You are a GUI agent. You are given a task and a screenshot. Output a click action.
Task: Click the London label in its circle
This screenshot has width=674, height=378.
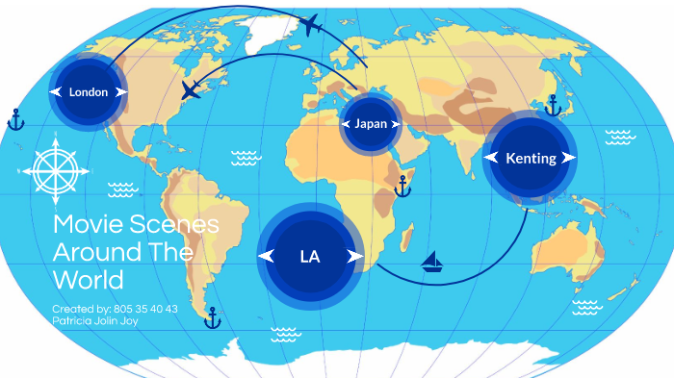(x=89, y=92)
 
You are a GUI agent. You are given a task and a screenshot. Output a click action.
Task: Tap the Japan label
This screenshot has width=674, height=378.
(x=371, y=124)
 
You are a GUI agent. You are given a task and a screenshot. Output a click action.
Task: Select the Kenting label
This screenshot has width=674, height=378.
(x=531, y=158)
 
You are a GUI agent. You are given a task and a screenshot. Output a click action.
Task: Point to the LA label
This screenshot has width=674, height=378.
(x=310, y=257)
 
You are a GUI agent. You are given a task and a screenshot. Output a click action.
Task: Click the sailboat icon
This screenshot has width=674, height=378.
(x=432, y=262)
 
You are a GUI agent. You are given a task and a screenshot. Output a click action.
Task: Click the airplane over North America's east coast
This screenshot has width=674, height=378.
(x=192, y=91)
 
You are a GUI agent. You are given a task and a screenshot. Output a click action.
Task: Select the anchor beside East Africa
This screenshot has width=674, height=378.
(x=403, y=187)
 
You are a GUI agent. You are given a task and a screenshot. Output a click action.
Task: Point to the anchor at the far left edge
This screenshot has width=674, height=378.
(x=14, y=120)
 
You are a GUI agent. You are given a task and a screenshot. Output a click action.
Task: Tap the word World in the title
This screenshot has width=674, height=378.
(x=89, y=280)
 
